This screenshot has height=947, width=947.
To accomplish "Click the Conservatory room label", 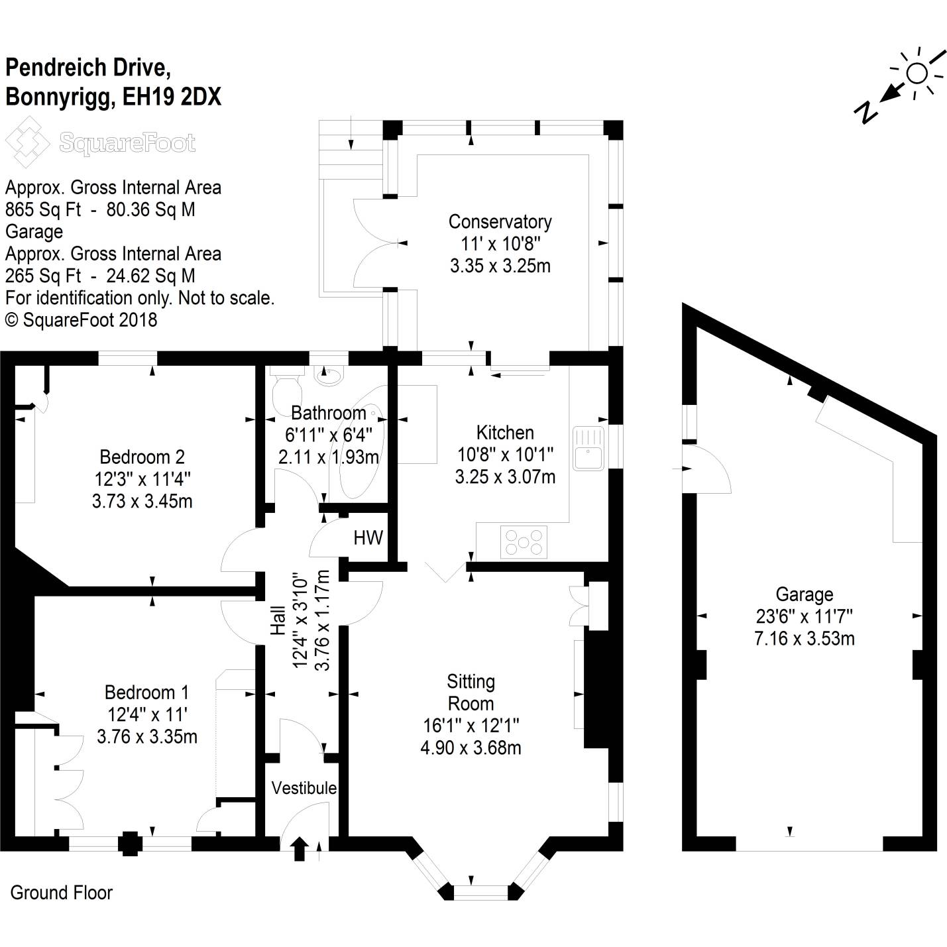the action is [x=500, y=221].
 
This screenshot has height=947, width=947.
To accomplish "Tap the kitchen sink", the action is [x=588, y=449].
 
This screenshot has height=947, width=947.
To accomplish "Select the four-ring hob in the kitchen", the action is [x=524, y=541].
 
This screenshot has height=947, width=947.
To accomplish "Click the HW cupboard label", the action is [x=368, y=537].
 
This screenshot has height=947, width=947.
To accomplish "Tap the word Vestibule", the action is [x=304, y=788].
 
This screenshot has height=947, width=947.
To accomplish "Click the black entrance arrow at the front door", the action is [x=299, y=849].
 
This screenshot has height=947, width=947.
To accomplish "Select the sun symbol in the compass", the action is [x=917, y=73].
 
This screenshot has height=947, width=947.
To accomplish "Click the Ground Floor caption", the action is [x=62, y=893].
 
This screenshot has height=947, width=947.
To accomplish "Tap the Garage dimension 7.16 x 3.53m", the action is [x=804, y=639].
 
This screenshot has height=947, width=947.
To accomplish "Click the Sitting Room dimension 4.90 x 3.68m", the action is [x=471, y=748].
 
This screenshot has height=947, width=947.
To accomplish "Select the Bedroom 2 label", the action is [x=142, y=457].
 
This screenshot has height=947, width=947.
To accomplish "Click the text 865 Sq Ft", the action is [x=43, y=209].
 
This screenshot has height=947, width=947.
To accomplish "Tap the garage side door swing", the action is [x=709, y=469].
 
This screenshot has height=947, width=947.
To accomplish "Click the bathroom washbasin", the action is [x=329, y=376].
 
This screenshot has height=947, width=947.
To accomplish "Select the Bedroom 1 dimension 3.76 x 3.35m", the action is [x=146, y=737].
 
